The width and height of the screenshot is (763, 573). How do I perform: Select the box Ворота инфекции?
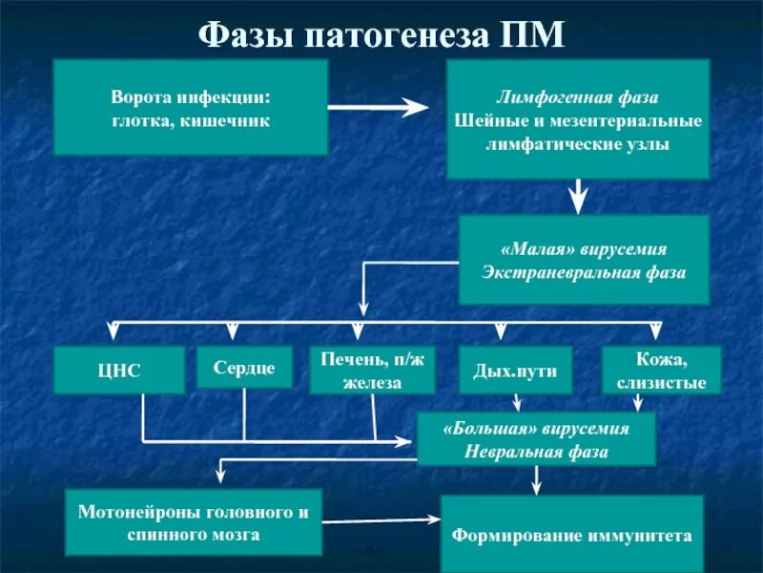pos(191,108)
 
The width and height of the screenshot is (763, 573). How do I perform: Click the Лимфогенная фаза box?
pos(578,119)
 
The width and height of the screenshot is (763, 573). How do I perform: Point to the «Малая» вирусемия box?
pos(584,260)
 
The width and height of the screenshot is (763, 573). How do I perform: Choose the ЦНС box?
pos(118,371)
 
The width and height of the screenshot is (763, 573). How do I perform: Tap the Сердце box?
pos(244,368)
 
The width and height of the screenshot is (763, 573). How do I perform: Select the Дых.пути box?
pos(516,371)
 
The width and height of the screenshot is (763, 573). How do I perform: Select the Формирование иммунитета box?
pos(571,534)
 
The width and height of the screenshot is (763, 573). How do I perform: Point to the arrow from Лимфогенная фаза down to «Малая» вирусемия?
pos(578,197)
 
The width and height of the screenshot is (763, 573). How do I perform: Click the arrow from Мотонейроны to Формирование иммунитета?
pos(381,521)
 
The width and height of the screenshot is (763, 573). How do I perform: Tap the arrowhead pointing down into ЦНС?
pos(113,330)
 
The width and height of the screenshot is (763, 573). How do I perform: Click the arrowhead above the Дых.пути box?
pos(500,330)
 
